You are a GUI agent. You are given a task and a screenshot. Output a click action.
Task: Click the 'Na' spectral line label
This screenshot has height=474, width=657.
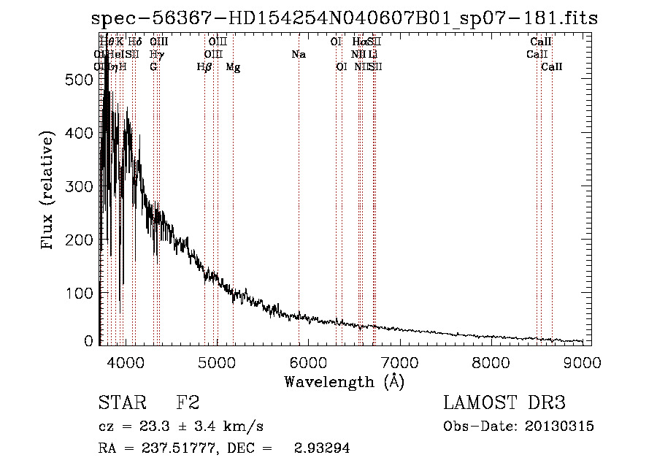[x=298, y=54]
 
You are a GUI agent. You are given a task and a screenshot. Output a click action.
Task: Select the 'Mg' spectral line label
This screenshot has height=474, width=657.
[x=233, y=67]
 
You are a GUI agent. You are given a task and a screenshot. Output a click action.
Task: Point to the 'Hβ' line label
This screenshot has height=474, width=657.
[x=205, y=67]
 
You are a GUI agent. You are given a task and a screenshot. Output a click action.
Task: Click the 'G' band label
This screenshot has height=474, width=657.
[x=153, y=67]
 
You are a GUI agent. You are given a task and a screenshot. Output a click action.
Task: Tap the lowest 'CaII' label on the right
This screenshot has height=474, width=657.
[x=552, y=67]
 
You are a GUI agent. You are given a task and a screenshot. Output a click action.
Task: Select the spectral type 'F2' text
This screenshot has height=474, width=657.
[x=188, y=403]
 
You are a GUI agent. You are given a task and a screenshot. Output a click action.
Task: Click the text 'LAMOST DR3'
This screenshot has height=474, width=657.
[x=504, y=403]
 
